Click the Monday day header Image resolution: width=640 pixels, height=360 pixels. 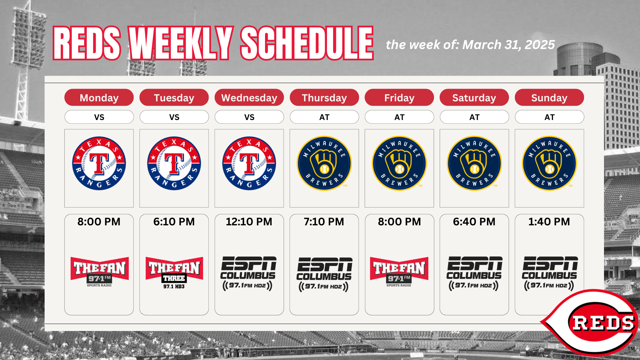coord(99,97)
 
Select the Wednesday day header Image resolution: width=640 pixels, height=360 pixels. coord(249,97)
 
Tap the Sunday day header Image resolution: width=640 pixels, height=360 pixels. coord(549,97)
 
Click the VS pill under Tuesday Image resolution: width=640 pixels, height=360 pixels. coord(174,117)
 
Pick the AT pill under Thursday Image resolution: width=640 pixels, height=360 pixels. coord(324,117)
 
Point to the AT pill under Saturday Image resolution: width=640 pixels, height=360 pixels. coord(474,117)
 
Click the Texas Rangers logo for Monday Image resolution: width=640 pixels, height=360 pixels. coord(99,163)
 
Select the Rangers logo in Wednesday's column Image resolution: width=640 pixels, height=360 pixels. coord(249,163)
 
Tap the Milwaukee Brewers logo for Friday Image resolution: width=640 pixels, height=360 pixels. coord(399,163)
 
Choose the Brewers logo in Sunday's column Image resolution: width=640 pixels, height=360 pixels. coord(549,163)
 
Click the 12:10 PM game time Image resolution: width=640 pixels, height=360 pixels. coord(249,222)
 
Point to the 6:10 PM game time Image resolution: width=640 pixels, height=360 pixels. coord(174,222)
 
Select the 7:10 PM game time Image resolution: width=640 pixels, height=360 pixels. coord(324,222)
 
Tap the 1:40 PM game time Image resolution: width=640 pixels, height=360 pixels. coord(549,222)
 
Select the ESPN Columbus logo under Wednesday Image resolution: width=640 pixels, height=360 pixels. coord(248,273)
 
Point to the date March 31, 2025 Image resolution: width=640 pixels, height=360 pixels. coord(509,45)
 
